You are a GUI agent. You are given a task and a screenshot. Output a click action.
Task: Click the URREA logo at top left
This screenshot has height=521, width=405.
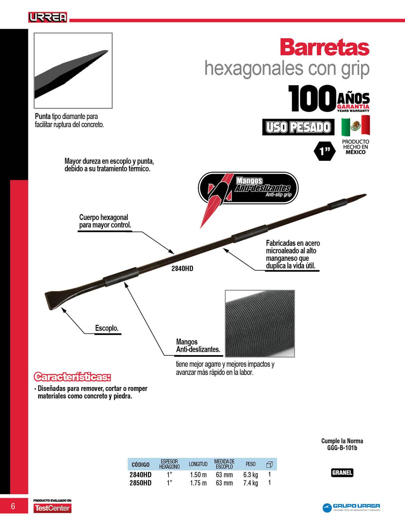tap(48, 17)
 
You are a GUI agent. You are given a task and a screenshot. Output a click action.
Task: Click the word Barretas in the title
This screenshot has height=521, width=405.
tap(324, 48)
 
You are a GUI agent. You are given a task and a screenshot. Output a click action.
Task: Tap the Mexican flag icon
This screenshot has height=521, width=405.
tap(355, 126)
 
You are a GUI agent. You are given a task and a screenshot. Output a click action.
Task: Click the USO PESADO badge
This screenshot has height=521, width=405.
tap(298, 127)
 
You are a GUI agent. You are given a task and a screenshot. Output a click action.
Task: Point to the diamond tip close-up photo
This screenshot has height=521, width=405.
tap(73, 71)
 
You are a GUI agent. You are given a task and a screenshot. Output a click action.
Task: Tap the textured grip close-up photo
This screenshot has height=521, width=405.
tap(260, 323)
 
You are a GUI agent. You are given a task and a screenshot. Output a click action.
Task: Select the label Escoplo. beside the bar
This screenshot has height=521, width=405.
tap(107, 328)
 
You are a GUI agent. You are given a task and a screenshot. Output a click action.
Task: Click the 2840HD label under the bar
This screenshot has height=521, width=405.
tap(182, 268)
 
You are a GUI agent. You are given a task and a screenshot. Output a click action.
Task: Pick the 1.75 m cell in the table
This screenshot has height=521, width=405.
tap(198, 483)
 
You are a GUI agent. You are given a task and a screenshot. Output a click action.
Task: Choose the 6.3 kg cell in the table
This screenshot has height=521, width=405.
tap(250, 475)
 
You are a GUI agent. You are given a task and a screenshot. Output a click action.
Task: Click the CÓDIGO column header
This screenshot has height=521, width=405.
tap(140, 464)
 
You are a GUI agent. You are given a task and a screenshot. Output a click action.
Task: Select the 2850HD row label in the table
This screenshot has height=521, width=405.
tap(140, 483)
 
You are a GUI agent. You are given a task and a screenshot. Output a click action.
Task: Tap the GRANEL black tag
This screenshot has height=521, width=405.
tap(342, 473)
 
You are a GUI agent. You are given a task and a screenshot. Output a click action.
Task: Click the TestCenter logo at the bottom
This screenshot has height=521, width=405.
tap(52, 508)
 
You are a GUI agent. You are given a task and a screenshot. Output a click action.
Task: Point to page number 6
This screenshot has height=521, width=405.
tap(13, 506)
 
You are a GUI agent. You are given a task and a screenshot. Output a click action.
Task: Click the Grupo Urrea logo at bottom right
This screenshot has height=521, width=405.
tap(351, 507)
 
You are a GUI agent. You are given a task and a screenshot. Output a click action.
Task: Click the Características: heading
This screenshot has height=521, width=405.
tap(72, 377)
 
